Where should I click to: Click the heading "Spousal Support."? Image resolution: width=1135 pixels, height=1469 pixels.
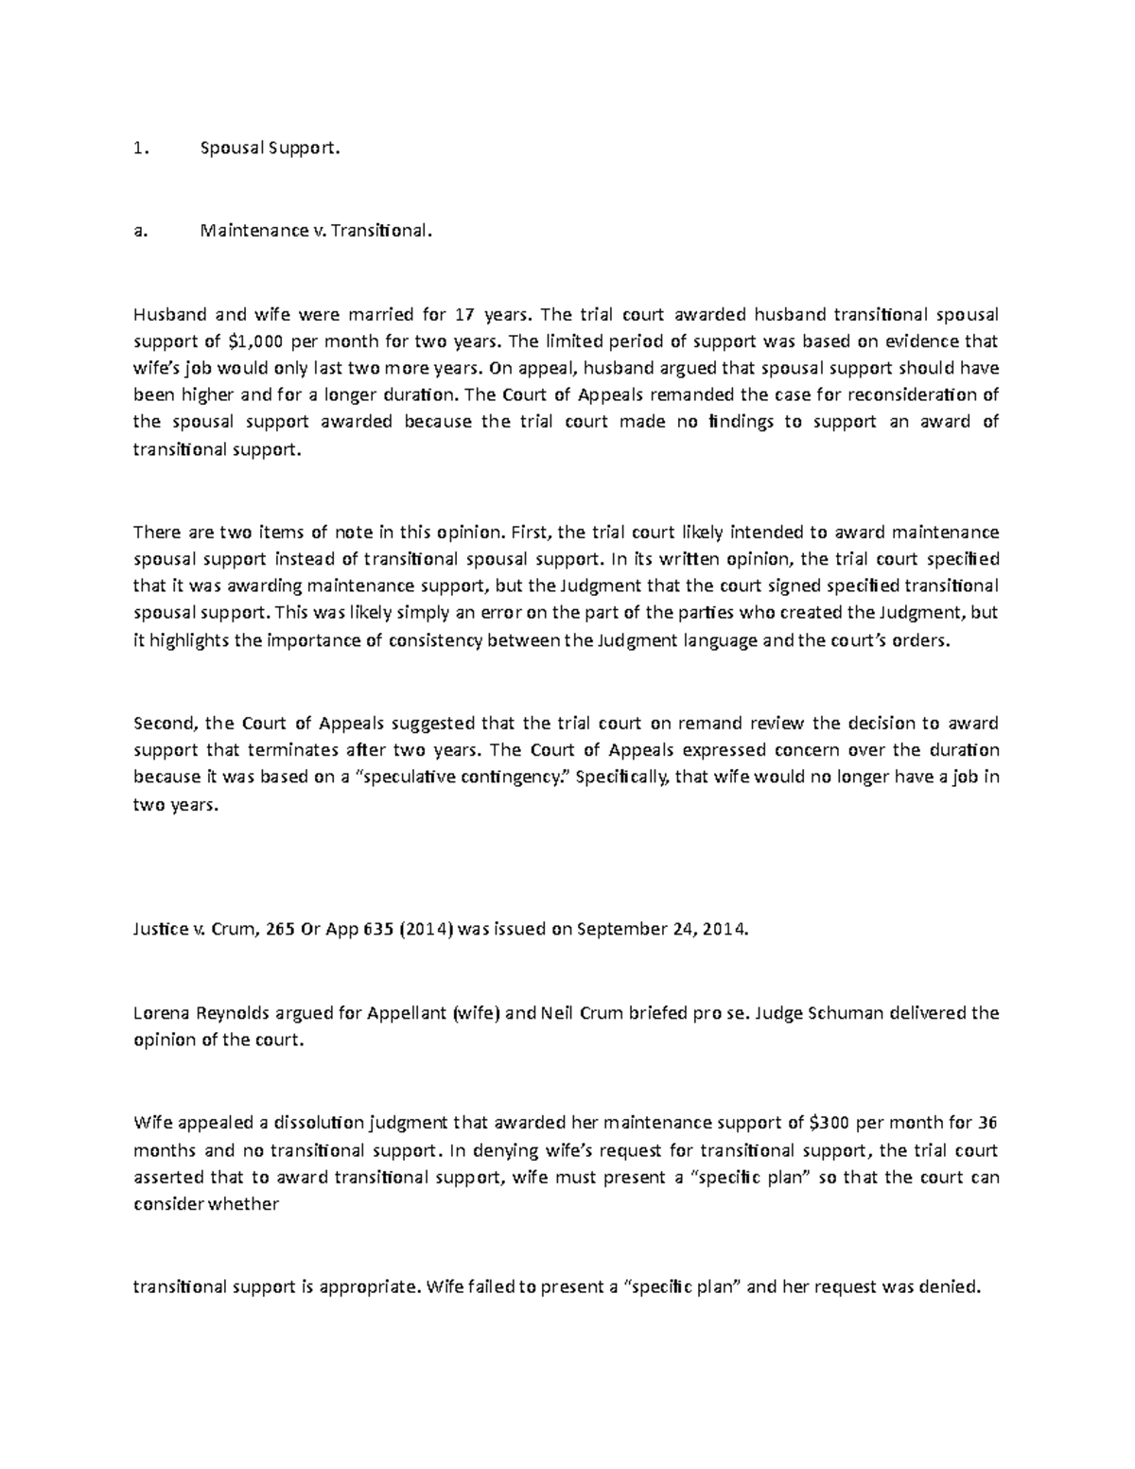268,149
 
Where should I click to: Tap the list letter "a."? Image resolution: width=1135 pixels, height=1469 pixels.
140,231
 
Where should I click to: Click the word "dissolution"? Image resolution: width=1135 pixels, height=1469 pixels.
319,1123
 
